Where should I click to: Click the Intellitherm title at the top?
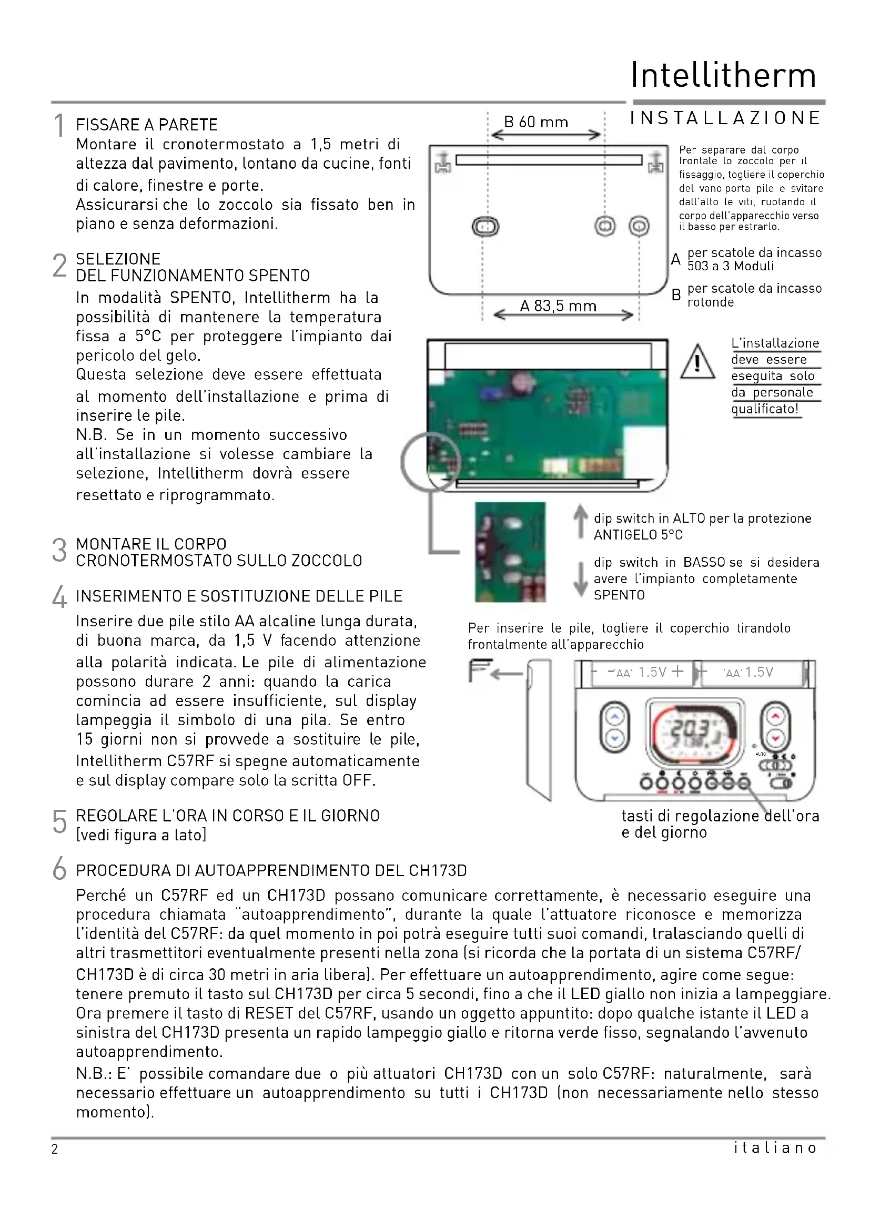pyautogui.click(x=723, y=75)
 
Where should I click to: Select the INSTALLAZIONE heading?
pyautogui.click(x=725, y=118)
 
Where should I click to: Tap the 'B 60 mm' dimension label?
pyautogui.click(x=535, y=122)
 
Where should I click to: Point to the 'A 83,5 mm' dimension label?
pyautogui.click(x=558, y=306)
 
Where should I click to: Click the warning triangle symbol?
pyautogui.click(x=697, y=363)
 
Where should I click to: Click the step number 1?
pyautogui.click(x=59, y=126)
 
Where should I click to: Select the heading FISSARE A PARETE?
pyautogui.click(x=147, y=125)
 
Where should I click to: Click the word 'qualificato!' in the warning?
pyautogui.click(x=765, y=409)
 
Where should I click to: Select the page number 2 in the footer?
pyautogui.click(x=55, y=1148)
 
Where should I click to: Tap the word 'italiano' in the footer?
pyautogui.click(x=775, y=1147)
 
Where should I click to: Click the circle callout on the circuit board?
pyautogui.click(x=430, y=462)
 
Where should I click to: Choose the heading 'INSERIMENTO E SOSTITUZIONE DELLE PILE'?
pyautogui.click(x=239, y=596)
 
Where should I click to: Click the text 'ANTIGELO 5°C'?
pyautogui.click(x=638, y=535)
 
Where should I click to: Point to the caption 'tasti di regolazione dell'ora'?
pyautogui.click(x=720, y=816)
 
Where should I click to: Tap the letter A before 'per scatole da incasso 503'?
pyautogui.click(x=676, y=259)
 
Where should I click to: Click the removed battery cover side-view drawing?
pyautogui.click(x=539, y=730)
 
